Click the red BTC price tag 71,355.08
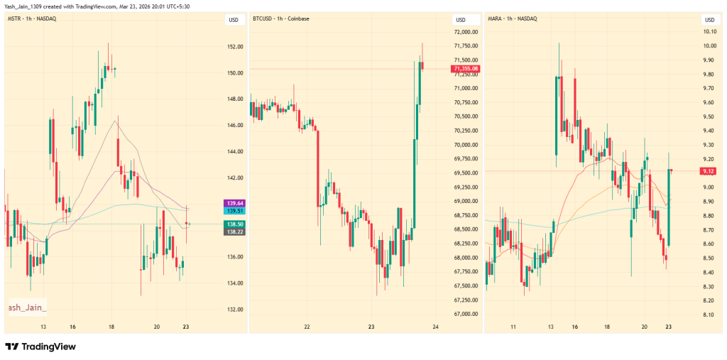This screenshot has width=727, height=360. click(x=465, y=69)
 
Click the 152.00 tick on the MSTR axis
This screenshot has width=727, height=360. click(x=235, y=47)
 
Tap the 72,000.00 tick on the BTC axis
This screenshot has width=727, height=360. click(x=465, y=32)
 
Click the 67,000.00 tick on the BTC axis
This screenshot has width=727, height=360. click(x=465, y=315)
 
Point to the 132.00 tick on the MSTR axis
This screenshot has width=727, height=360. click(x=235, y=310)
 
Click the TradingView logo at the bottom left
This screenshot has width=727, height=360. click(x=40, y=347)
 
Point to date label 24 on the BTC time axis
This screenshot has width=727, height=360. click(x=435, y=327)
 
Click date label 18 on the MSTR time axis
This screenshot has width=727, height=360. click(x=111, y=327)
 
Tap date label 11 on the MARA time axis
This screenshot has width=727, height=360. click(x=513, y=327)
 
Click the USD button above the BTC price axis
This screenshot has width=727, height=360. click(x=461, y=19)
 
